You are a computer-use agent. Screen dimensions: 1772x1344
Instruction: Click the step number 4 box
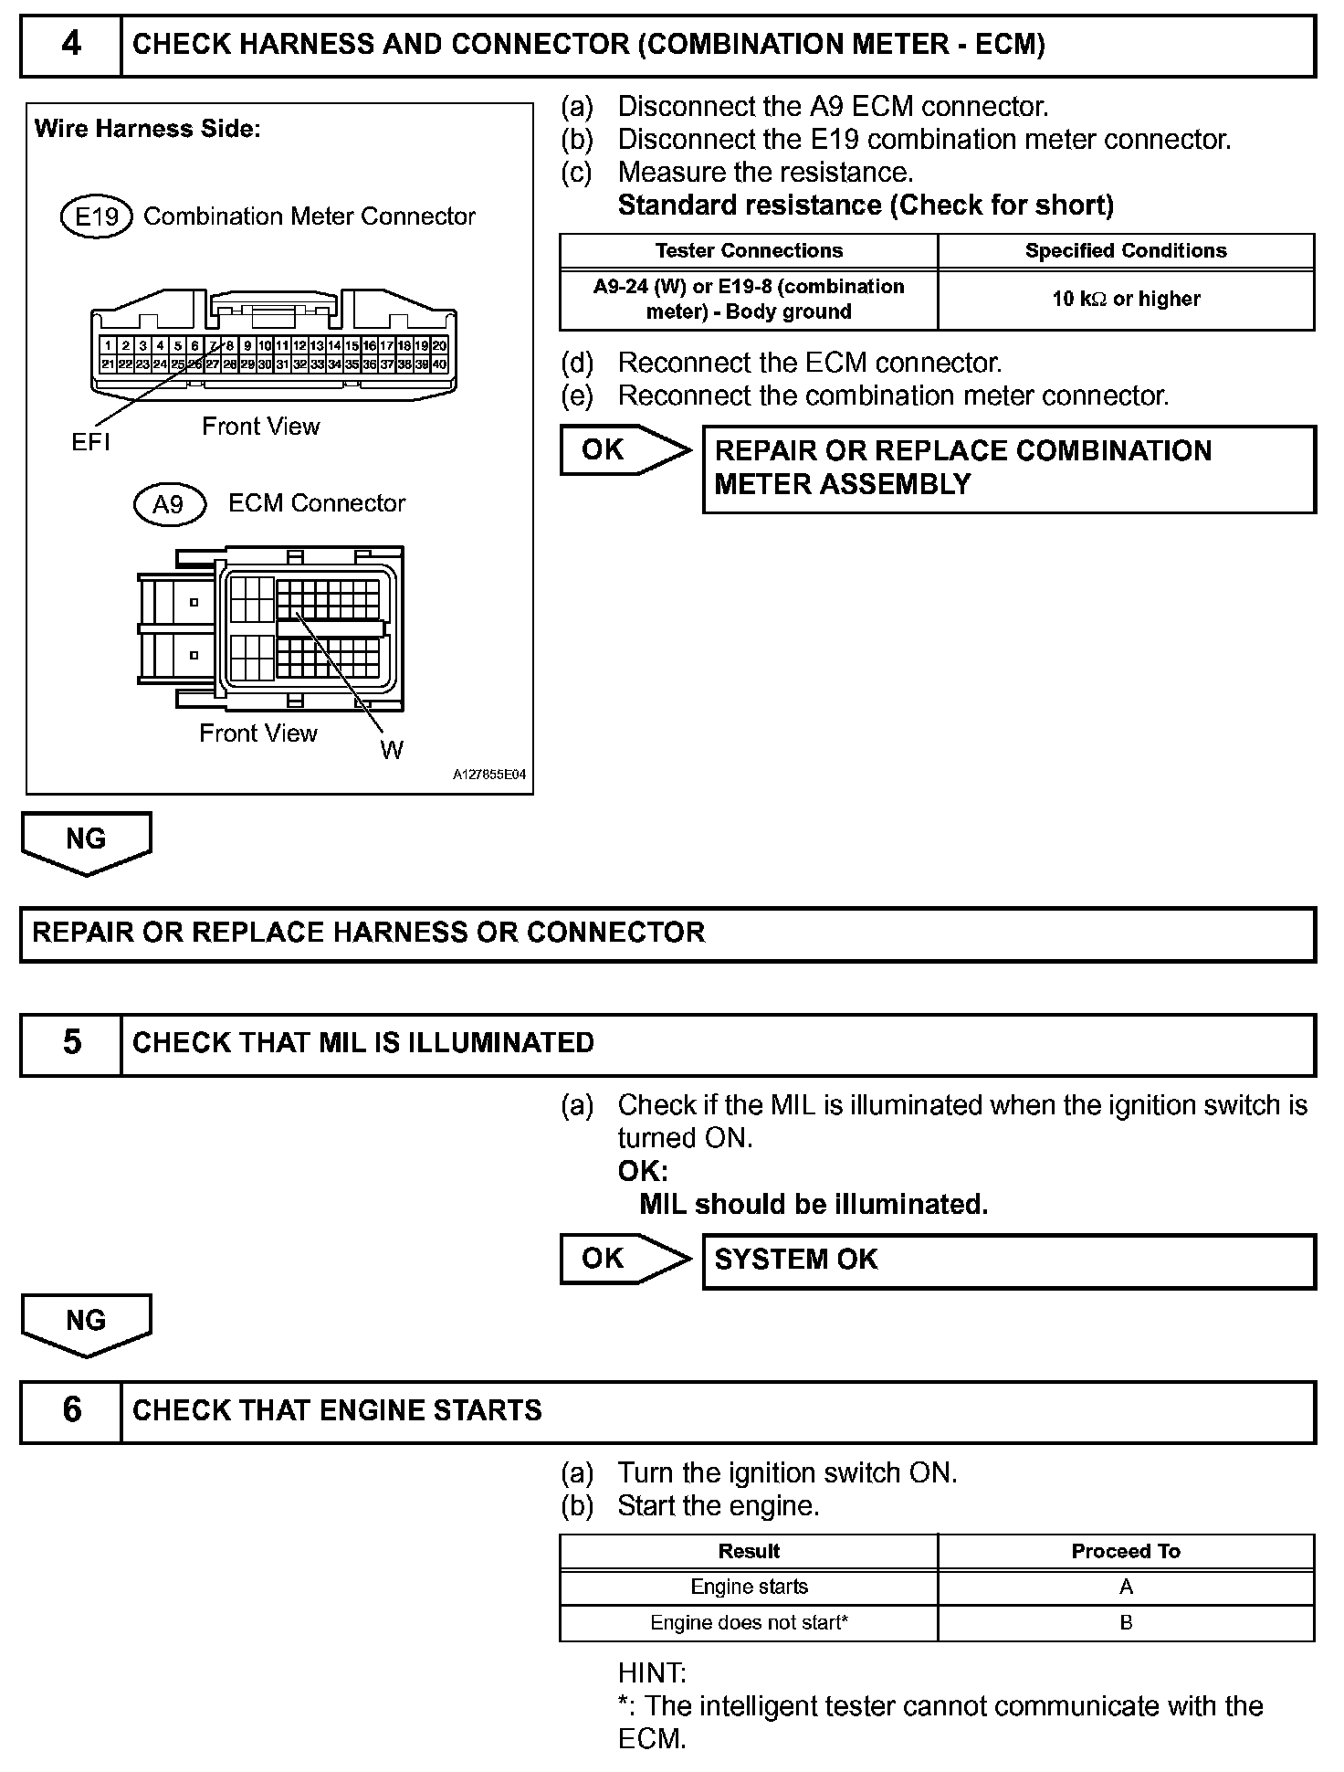pos(71,45)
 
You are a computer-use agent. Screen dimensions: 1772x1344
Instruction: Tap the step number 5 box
pos(71,1043)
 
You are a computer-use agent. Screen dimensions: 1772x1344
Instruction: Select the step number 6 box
pos(71,1410)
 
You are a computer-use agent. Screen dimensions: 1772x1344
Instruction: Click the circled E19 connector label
pos(97,217)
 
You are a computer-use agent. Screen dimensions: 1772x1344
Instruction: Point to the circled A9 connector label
pos(169,504)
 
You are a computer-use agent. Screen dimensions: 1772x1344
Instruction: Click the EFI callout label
pos(90,443)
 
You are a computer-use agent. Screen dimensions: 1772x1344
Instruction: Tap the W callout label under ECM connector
pos(392,751)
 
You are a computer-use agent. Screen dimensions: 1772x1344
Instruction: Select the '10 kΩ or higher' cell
pos(1126,300)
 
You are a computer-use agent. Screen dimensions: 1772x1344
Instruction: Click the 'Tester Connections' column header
pos(749,251)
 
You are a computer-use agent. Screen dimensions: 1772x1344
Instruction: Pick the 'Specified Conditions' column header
pos(1126,251)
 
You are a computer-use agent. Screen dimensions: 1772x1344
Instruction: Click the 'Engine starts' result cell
pos(749,1587)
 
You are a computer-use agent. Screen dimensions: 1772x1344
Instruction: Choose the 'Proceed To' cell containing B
pos(1126,1622)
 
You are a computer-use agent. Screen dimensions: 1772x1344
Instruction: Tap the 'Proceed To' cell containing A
pos(1126,1587)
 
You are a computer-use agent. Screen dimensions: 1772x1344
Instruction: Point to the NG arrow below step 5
pos(86,1323)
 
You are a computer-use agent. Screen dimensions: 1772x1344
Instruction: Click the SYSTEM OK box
pos(1009,1260)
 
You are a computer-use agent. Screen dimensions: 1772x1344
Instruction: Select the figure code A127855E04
pos(489,775)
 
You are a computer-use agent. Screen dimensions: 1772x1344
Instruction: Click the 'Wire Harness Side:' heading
pos(147,130)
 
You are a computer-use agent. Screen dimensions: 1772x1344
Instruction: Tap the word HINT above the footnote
pos(651,1672)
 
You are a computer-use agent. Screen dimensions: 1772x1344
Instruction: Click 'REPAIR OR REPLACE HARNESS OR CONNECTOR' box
pos(667,933)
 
